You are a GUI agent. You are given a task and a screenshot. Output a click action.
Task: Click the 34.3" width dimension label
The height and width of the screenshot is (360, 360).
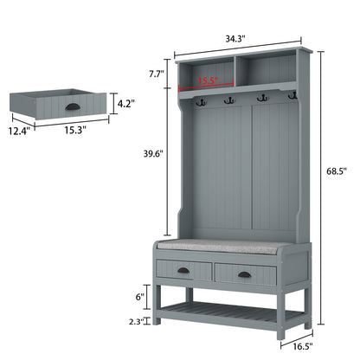click(x=234, y=38)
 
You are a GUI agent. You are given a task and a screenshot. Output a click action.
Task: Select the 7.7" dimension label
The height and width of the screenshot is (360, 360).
click(x=156, y=74)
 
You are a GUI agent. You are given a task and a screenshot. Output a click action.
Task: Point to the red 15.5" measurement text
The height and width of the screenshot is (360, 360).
click(x=207, y=80)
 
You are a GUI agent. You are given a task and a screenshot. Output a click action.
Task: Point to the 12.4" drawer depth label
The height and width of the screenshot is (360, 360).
click(x=19, y=131)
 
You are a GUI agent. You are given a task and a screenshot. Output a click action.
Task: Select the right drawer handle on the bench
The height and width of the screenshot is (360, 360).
click(x=245, y=275)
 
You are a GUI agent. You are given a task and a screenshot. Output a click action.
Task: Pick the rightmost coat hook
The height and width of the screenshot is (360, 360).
click(x=292, y=94)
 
